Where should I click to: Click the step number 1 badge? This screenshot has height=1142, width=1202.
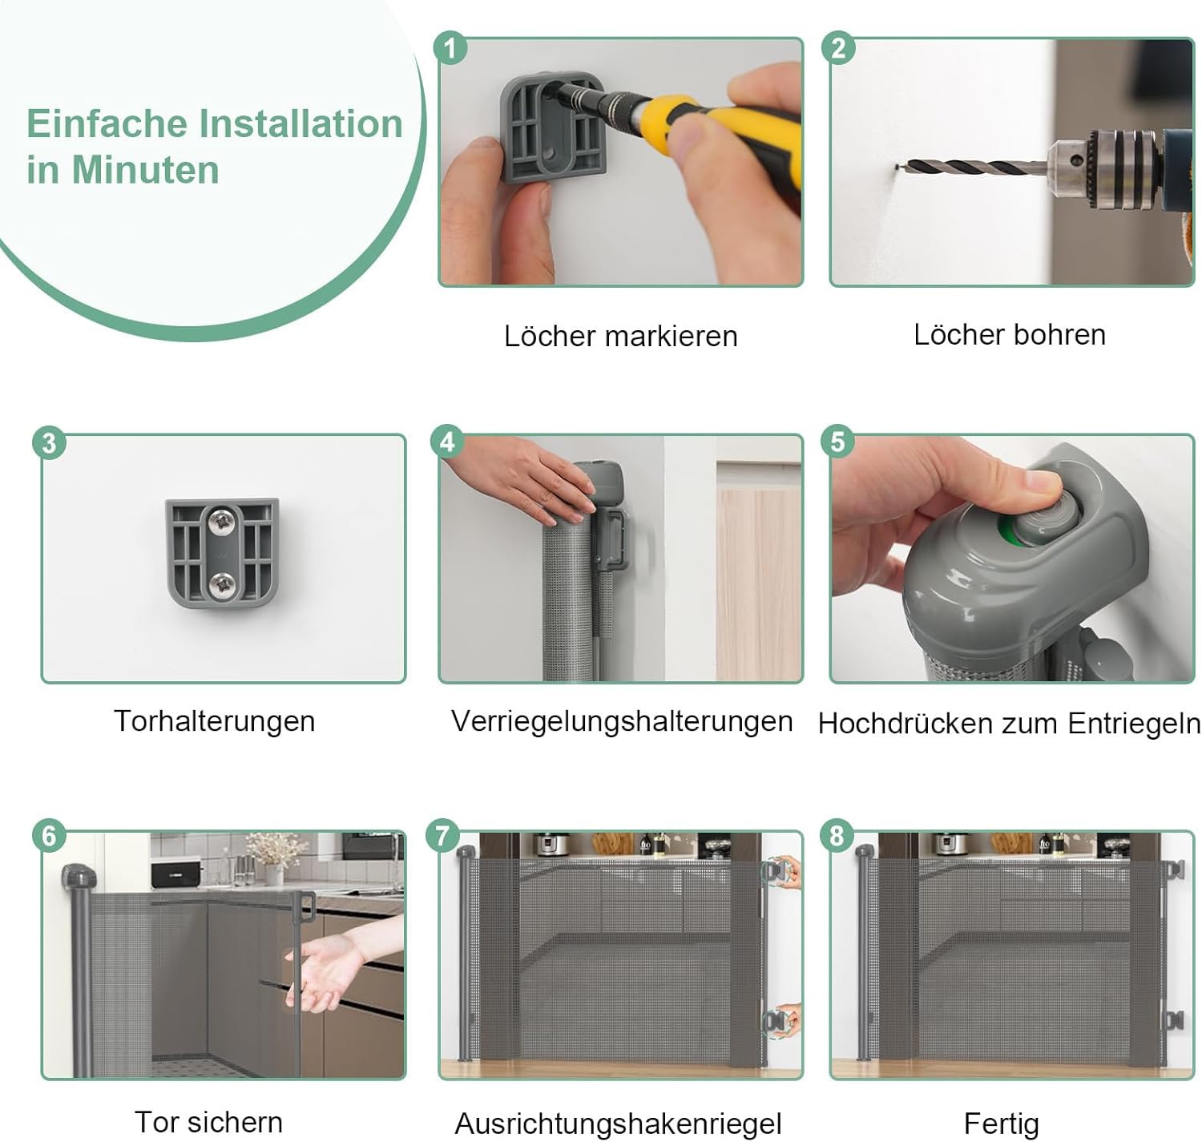(x=450, y=48)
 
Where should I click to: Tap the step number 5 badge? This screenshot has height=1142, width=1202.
(x=837, y=441)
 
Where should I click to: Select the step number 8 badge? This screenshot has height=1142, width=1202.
(x=837, y=835)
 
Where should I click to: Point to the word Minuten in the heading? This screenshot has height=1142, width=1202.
(x=146, y=169)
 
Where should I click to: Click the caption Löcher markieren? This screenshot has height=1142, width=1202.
(x=620, y=337)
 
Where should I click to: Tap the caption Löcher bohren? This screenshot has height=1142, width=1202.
(x=1010, y=335)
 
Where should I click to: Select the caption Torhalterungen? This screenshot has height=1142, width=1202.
(x=214, y=721)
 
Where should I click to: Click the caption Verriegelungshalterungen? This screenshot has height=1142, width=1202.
(x=621, y=722)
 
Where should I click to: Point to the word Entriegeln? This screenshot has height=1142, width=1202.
(x=1134, y=724)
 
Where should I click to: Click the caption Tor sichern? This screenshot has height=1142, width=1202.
(x=208, y=1122)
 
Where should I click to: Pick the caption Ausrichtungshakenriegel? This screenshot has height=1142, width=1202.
(x=618, y=1124)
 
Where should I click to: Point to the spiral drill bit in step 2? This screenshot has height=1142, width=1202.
(x=972, y=167)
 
